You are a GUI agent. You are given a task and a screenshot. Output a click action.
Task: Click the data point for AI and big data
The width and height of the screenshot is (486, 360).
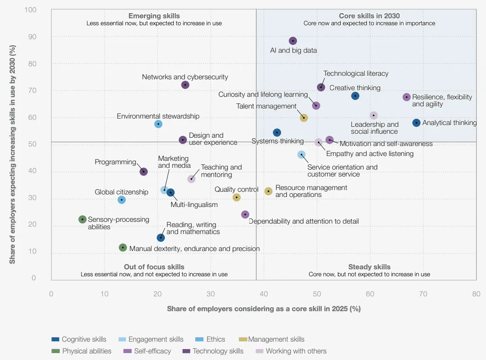click(293, 41)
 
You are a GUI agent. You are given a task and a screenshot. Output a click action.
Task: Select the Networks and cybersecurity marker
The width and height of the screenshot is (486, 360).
click(185, 85)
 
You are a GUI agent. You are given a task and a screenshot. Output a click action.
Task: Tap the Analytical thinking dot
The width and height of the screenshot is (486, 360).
click(416, 123)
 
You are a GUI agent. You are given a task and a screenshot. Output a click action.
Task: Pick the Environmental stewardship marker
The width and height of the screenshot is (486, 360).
click(158, 124)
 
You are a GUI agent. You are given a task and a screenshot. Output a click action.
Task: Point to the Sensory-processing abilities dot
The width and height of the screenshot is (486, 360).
click(82, 219)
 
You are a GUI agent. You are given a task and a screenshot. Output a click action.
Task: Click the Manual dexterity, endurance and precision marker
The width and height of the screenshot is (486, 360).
click(123, 248)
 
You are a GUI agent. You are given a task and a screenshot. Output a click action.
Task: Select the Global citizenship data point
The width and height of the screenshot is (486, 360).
click(122, 200)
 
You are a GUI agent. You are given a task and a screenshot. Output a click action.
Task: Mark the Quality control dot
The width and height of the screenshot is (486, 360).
click(237, 197)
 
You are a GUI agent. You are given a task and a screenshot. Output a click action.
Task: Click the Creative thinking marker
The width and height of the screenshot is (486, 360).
click(355, 96)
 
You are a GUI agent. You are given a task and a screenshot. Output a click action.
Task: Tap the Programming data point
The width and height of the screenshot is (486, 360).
click(143, 172)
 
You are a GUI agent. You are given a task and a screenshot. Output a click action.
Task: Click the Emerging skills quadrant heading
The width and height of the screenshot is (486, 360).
click(154, 16)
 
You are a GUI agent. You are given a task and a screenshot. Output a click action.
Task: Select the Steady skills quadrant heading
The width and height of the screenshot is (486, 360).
click(369, 267)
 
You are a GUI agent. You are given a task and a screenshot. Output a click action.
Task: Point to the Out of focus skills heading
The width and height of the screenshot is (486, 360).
click(154, 267)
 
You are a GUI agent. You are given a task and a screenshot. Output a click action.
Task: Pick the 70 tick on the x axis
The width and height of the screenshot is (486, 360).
click(423, 294)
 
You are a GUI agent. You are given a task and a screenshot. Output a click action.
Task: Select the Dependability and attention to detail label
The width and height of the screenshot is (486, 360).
click(304, 221)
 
